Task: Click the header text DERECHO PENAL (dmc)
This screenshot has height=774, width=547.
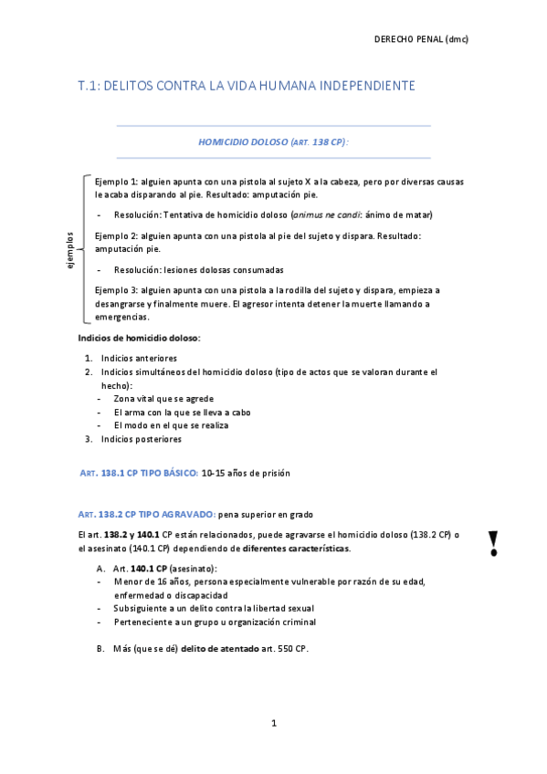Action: point(422,39)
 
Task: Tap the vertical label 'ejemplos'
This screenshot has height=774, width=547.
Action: point(69,249)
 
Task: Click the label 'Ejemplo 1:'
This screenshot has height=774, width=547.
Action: point(116,182)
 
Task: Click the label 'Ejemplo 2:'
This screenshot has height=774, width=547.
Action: point(116,235)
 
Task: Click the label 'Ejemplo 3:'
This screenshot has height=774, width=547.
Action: point(116,289)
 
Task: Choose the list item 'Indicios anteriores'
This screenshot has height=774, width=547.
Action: point(139,359)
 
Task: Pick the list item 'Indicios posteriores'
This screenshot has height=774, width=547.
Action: point(141,439)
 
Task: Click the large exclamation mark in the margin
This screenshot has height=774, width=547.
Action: point(494,543)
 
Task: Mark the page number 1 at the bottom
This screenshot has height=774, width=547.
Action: point(273,724)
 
